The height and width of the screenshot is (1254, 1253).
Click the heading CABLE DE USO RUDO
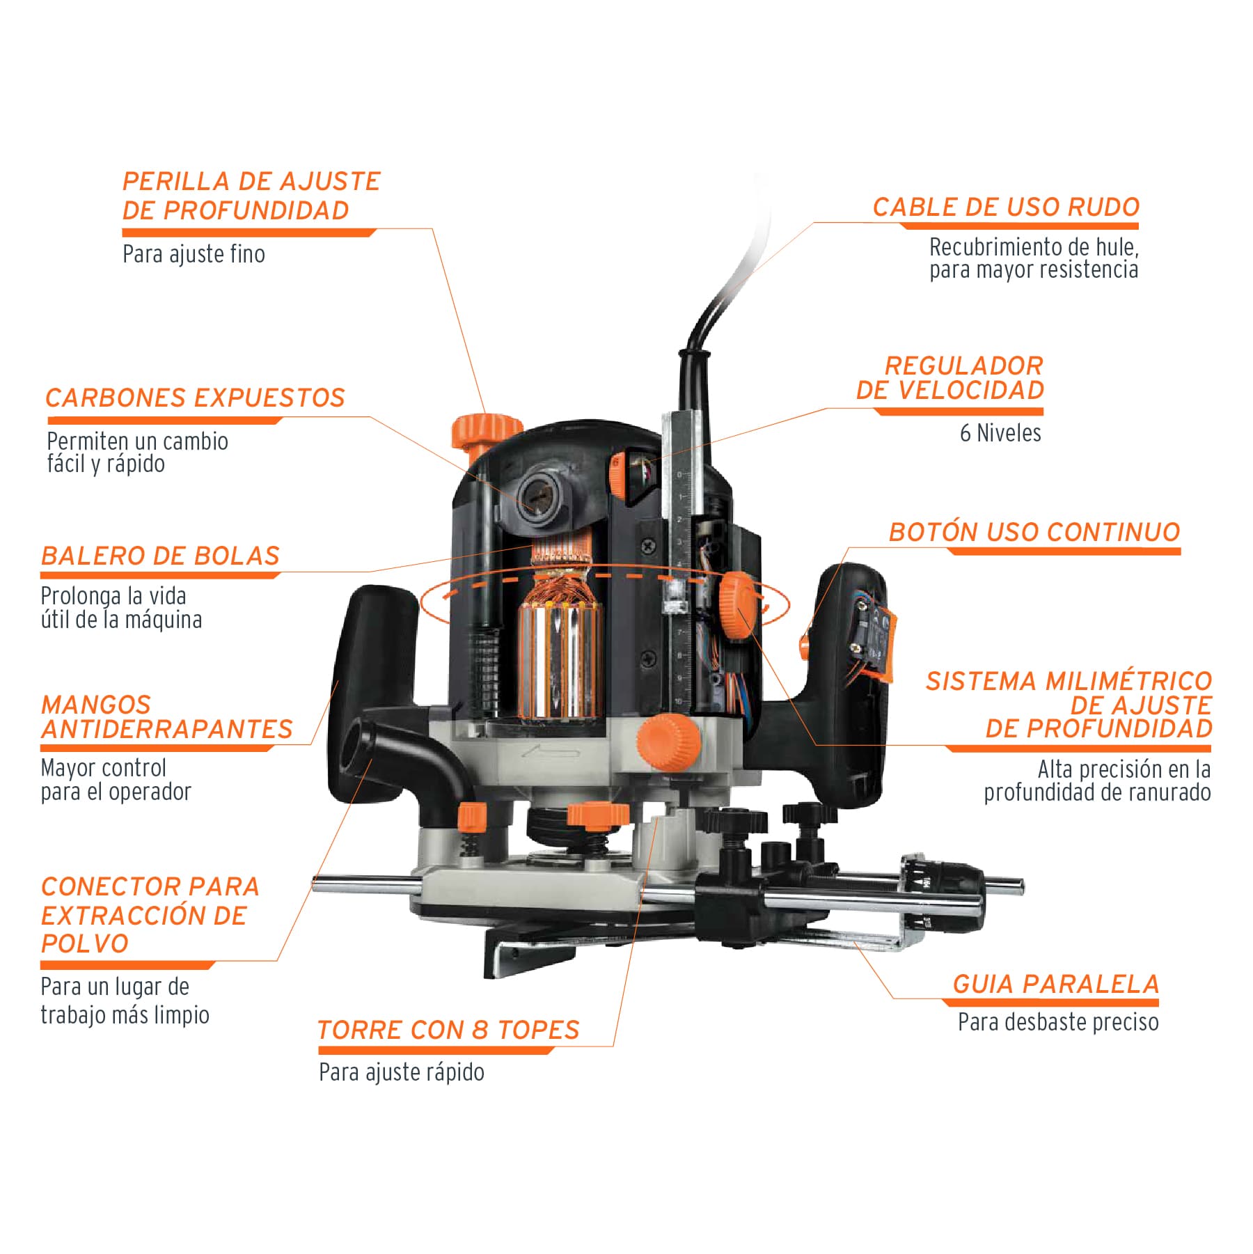coord(1006,207)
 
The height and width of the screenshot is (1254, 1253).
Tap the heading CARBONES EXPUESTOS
coord(196,398)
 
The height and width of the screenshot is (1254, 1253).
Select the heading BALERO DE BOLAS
coord(160,556)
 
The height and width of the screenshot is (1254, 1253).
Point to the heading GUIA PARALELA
coord(1055,984)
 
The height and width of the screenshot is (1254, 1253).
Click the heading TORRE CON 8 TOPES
coord(448,1030)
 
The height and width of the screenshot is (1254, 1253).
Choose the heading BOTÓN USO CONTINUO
coord(1034,532)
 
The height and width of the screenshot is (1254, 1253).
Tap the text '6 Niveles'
coord(1000,432)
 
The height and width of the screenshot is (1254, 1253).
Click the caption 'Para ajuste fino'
coord(194,254)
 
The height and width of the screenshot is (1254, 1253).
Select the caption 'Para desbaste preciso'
coord(1058,1022)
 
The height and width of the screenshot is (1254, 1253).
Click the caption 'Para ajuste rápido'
coord(402,1072)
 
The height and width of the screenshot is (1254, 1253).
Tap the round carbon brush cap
coord(539,490)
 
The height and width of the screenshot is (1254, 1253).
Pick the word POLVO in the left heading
coord(85,944)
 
